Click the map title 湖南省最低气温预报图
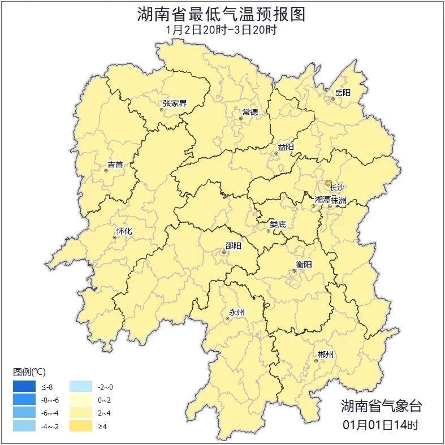[222, 14]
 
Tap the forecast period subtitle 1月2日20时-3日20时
[222, 30]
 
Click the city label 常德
[249, 112]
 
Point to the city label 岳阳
[343, 93]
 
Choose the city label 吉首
[115, 165]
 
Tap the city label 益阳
[286, 147]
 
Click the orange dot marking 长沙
[329, 183]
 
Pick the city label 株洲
[339, 200]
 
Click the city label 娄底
[278, 224]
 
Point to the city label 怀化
[124, 231]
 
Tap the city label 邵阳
[233, 245]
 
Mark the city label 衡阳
[304, 264]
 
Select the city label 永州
[236, 312]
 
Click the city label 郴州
[325, 355]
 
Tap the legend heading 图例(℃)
[29, 371]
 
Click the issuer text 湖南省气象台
[381, 405]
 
